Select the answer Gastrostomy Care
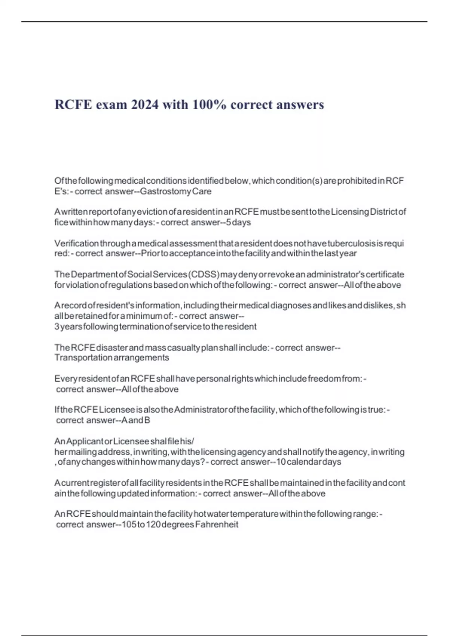[175, 192]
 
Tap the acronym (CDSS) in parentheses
[204, 275]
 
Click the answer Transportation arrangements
[112, 358]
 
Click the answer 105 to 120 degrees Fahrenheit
[180, 525]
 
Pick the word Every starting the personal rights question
[64, 379]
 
